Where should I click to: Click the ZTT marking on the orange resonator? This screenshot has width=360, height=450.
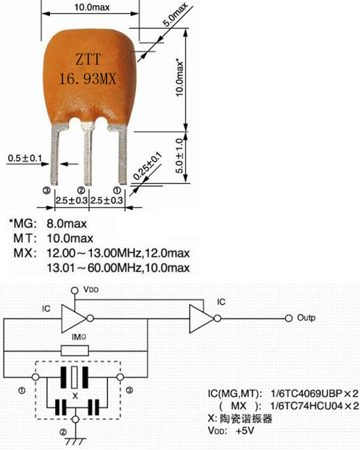(x=88, y=59)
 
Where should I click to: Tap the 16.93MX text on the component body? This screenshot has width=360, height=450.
(x=87, y=78)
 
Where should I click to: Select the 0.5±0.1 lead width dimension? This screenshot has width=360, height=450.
(x=25, y=158)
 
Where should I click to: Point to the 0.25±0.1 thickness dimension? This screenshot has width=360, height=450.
(x=148, y=166)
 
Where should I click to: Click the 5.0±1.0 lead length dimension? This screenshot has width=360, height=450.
(x=179, y=156)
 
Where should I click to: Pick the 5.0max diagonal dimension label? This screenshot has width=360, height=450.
(x=176, y=15)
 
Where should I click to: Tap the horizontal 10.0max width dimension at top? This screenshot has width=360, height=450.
(x=92, y=7)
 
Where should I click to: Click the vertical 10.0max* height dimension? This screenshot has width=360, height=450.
(x=179, y=78)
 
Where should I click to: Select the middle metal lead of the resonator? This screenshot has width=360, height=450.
(x=87, y=154)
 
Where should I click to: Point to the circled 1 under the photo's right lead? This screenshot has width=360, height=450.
(x=117, y=190)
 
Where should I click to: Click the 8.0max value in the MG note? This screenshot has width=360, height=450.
(x=67, y=224)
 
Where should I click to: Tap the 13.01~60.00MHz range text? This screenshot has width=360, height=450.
(x=94, y=268)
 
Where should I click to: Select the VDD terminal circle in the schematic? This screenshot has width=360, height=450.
(x=75, y=290)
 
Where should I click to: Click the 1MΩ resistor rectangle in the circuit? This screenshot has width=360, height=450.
(x=75, y=351)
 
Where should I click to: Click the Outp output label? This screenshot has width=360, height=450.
(x=306, y=318)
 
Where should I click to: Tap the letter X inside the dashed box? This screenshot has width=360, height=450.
(x=75, y=396)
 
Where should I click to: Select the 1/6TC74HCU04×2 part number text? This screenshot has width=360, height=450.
(x=314, y=406)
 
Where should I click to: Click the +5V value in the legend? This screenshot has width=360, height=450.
(x=245, y=431)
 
